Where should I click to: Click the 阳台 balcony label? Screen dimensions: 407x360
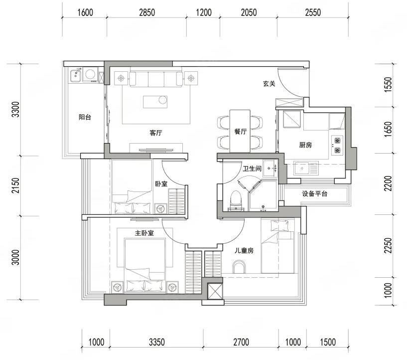click(85, 117)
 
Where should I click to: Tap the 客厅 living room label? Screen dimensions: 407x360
click(156, 133)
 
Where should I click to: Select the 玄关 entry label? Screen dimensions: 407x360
click(269, 84)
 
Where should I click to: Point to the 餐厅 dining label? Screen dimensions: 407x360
click(240, 132)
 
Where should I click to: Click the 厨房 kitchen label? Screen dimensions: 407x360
click(305, 145)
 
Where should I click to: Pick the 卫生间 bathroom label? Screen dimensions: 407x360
click(252, 169)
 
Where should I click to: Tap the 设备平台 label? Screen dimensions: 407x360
click(315, 193)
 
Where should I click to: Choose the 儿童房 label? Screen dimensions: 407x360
click(244, 250)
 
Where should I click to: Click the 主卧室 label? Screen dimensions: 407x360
click(144, 233)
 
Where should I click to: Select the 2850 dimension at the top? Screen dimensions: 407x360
click(147, 12)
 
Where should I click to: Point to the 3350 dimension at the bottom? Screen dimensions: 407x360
click(157, 342)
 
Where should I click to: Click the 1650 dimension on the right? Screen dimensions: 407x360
click(388, 130)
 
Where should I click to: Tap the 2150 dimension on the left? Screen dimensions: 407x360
click(15, 185)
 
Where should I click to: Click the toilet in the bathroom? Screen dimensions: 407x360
click(236, 199)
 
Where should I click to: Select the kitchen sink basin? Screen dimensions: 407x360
click(301, 169)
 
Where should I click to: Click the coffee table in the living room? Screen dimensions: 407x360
click(155, 102)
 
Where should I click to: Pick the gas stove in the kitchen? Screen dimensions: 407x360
click(337, 145)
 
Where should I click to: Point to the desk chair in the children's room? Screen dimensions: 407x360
click(239, 267)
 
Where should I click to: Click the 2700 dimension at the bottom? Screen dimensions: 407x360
click(241, 342)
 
